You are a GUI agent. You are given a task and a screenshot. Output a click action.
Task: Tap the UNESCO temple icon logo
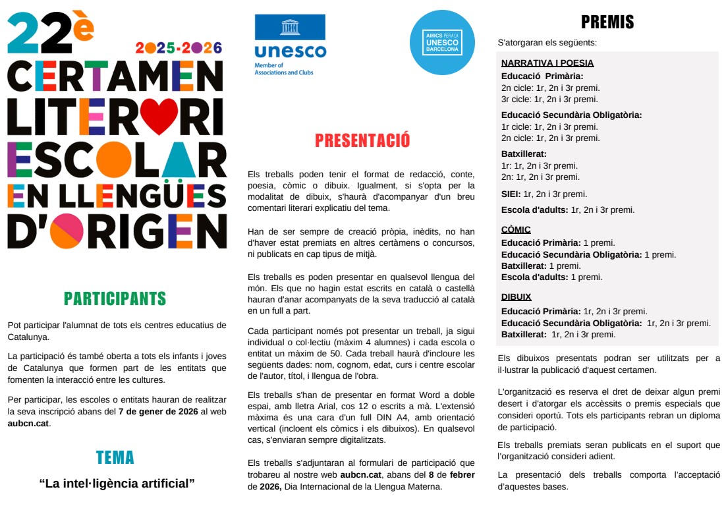[290, 28]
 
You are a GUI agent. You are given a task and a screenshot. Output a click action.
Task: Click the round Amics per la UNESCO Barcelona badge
[442, 42]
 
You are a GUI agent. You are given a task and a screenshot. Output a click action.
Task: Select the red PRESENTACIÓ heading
[362, 140]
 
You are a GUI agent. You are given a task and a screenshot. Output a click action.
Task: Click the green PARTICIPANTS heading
[115, 298]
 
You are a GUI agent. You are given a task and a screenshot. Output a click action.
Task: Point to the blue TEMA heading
[115, 457]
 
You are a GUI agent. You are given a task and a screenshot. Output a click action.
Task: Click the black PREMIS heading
[607, 22]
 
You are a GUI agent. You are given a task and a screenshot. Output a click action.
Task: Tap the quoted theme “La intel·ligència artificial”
[117, 484]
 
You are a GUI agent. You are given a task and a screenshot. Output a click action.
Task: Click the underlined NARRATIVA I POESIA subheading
[547, 63]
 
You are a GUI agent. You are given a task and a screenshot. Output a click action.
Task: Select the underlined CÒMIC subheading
[516, 230]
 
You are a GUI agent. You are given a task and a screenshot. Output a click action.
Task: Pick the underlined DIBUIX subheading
[517, 297]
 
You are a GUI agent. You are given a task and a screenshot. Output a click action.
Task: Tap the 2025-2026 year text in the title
[179, 48]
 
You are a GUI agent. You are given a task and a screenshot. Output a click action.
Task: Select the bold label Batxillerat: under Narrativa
[524, 154]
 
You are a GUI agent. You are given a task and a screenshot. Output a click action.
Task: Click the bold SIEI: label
[511, 194]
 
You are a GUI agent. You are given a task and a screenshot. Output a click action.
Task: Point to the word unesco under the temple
[290, 51]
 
